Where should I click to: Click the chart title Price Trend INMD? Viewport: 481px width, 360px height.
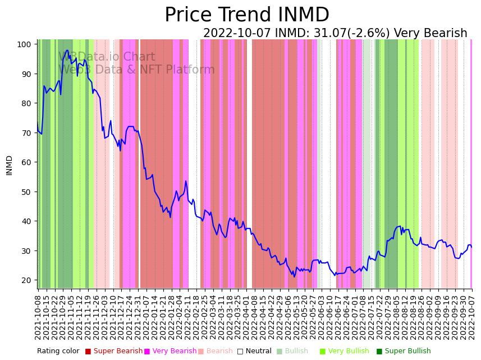click(246, 15)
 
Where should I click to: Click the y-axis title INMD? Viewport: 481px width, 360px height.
click(9, 165)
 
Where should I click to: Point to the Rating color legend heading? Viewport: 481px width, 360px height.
click(58, 351)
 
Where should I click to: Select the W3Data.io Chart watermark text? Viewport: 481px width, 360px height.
click(107, 57)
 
